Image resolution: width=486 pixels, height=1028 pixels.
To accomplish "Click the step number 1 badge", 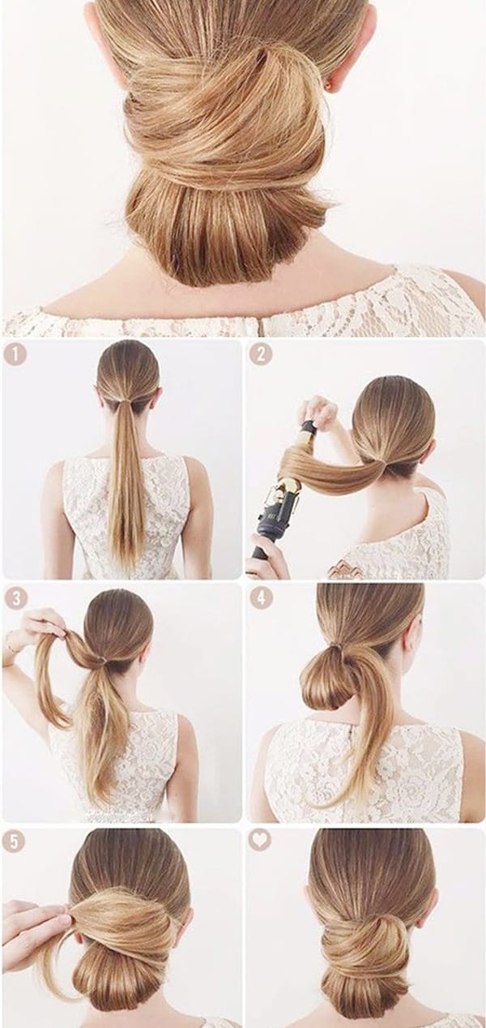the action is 15,355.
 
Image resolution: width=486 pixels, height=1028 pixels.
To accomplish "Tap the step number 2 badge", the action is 261,355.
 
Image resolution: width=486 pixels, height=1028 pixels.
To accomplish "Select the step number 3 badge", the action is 16,598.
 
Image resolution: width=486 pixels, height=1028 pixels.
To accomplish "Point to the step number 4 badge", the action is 261,598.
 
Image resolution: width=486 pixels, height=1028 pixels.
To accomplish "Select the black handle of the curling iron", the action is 266,533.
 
